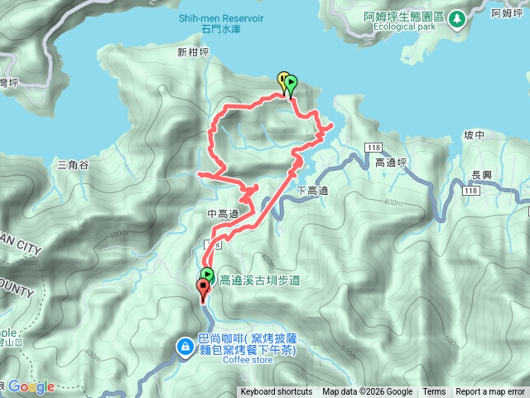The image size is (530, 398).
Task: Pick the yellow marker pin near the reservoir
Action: pyautogui.click(x=283, y=80)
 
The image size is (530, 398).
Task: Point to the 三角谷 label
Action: pyautogui.click(x=73, y=165)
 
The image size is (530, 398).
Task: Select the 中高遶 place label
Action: pyautogui.click(x=223, y=215)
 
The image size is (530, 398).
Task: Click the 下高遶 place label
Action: pyautogui.click(x=312, y=192)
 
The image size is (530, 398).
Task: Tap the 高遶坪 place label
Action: pyautogui.click(x=392, y=163)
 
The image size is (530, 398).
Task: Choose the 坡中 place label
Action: pyautogui.click(x=474, y=135)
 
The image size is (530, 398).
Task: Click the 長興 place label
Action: pyautogui.click(x=481, y=175)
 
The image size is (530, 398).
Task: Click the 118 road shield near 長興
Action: pyautogui.click(x=470, y=191)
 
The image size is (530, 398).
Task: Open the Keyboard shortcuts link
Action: pyautogui.click(x=277, y=392)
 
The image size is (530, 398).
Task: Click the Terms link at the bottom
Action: pyautogui.click(x=434, y=392)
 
